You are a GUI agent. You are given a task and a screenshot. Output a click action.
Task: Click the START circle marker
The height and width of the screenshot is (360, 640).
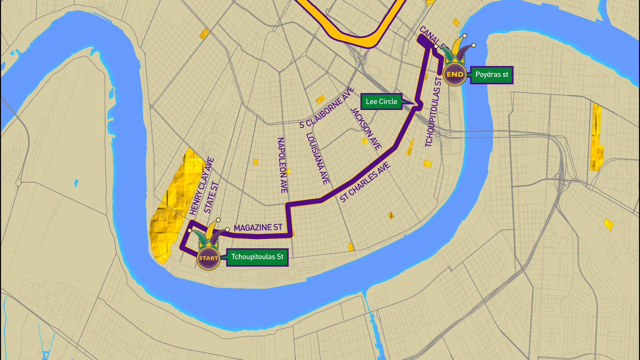pos(208,258)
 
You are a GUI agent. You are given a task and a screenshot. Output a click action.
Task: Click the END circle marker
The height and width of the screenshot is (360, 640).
pos(455,75)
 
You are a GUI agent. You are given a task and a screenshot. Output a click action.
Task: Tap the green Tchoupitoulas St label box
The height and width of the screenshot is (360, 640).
pos(257,257)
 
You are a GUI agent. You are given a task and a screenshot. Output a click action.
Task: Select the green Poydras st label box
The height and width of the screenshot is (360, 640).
pos(492,75)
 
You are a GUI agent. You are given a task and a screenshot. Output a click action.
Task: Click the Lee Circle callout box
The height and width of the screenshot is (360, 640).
pos(381,102)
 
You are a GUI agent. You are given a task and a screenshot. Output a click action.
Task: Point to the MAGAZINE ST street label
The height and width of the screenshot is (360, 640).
pos(258,228)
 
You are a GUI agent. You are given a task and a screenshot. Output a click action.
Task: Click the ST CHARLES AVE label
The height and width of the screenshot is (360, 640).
pos(365,182)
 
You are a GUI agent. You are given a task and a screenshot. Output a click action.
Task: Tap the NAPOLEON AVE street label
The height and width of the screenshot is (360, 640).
pos(282,165)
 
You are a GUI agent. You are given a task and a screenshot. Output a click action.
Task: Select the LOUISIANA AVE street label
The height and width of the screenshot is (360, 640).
pos(318,159)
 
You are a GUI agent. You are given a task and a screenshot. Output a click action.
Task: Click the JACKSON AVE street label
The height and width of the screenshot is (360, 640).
pos(366,129)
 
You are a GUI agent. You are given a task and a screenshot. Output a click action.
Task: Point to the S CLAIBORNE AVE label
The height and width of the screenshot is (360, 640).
pos(326,108)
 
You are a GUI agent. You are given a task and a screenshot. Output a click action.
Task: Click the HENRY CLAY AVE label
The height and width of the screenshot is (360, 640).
pos(201,186)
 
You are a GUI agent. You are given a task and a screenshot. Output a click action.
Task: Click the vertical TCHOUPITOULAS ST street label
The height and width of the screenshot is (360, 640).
pos(433,112)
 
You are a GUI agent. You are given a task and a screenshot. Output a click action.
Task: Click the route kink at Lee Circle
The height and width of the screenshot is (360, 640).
pos(419,105)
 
